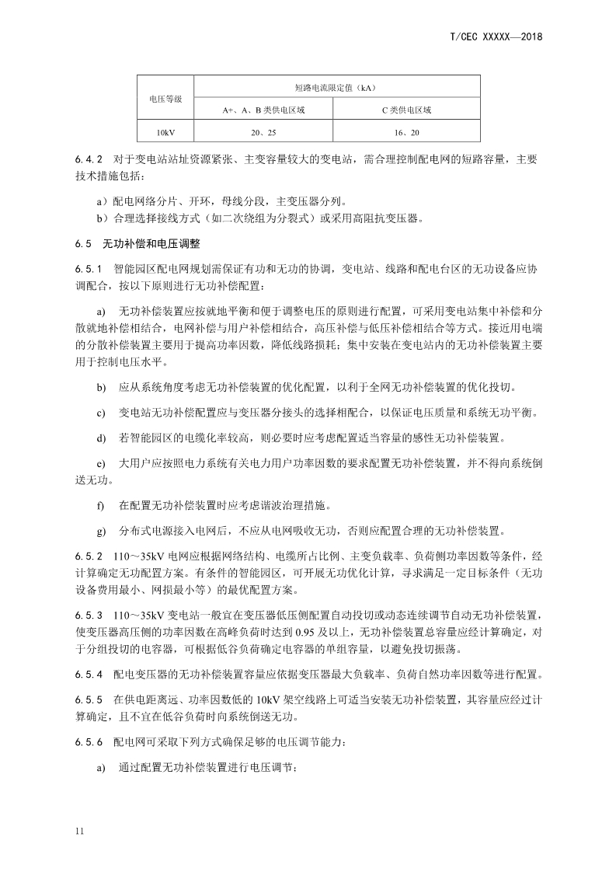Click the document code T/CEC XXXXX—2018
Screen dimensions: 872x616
[x=496, y=37]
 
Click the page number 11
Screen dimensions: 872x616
[x=79, y=832]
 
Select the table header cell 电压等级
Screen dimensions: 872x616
[x=165, y=99]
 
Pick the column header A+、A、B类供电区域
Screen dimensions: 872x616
[x=263, y=110]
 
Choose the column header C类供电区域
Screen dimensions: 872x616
[x=406, y=110]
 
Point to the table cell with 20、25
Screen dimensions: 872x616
[x=263, y=133]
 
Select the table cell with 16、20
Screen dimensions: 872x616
[x=406, y=133]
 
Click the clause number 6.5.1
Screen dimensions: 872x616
[x=89, y=268]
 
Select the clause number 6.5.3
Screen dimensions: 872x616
[x=89, y=614]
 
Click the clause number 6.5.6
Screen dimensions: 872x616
[x=89, y=743]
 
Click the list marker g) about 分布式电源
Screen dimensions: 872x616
[x=100, y=532]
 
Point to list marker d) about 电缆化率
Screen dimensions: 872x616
[x=100, y=438]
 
